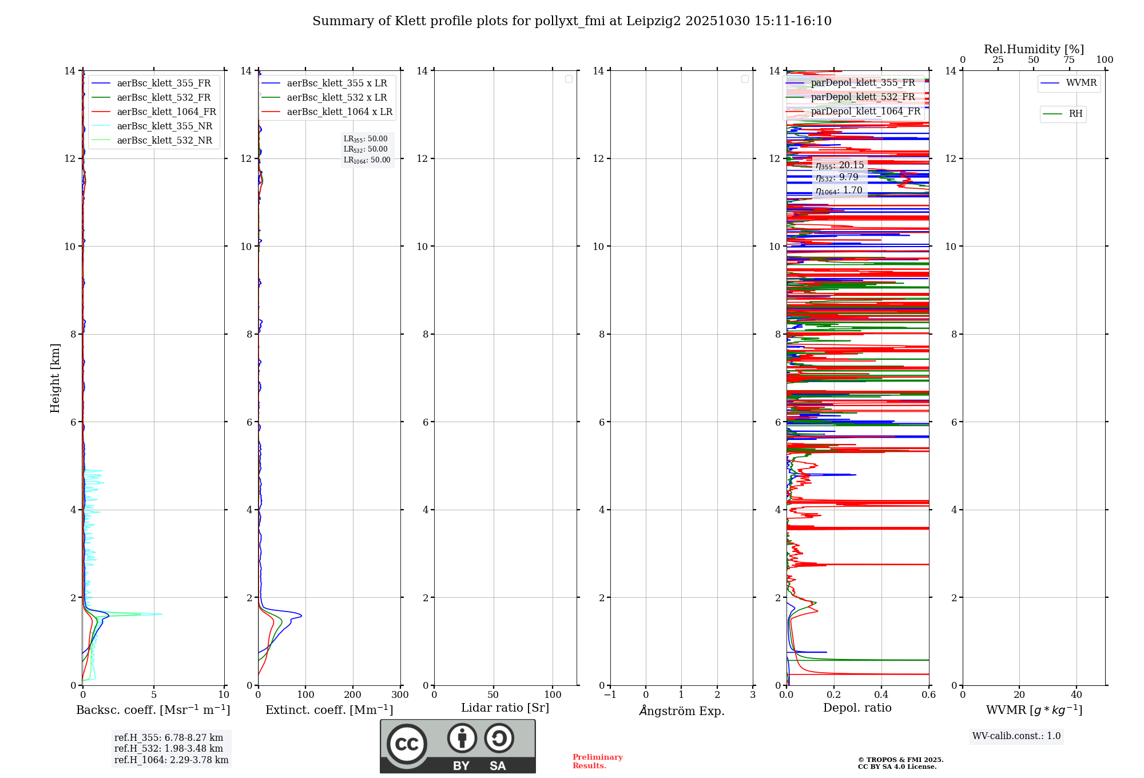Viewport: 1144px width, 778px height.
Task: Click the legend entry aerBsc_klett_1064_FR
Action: (x=166, y=112)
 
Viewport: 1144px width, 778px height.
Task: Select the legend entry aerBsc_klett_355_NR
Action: (x=164, y=126)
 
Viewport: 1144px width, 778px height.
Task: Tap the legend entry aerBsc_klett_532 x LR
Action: (x=337, y=98)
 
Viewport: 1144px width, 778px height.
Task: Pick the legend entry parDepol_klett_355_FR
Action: (x=863, y=83)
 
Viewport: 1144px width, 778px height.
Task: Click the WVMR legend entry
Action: (x=1081, y=83)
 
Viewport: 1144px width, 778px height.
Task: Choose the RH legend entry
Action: (x=1075, y=114)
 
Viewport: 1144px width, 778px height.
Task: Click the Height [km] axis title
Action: (x=55, y=378)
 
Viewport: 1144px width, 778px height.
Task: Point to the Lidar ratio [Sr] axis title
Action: (x=505, y=708)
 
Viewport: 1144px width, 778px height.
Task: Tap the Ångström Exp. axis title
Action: (x=681, y=711)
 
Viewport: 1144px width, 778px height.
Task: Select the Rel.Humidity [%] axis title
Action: (x=1034, y=49)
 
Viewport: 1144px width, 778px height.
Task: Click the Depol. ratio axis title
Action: (x=857, y=708)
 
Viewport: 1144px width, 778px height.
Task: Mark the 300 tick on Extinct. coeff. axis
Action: (x=400, y=695)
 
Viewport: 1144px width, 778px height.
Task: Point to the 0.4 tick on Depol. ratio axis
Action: (x=881, y=695)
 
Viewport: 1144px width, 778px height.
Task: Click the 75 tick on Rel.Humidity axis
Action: (x=1068, y=60)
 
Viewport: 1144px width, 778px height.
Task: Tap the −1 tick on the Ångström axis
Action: (x=610, y=695)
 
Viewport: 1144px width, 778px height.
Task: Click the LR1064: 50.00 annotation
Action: (x=367, y=160)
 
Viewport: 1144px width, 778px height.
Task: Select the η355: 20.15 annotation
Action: (x=840, y=165)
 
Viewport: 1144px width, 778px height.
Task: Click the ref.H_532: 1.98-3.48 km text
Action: (x=169, y=749)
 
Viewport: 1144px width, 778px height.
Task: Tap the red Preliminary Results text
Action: (x=597, y=761)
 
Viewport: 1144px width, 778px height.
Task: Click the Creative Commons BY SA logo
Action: (x=458, y=747)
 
